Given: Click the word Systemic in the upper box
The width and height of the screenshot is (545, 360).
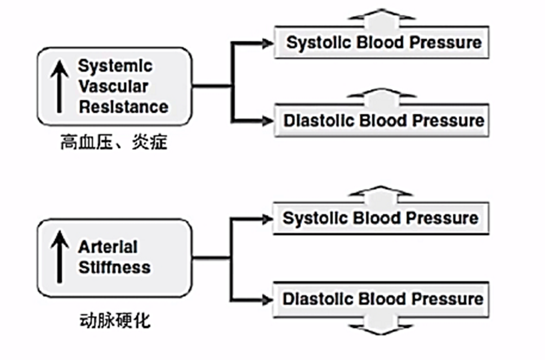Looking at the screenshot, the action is pos(115,66).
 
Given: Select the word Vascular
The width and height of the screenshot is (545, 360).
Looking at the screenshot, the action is pos(113,86).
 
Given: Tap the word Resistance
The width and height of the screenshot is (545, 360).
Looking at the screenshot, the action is pos(123,107).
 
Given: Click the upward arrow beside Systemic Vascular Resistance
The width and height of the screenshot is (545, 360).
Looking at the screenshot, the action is pos(60,87).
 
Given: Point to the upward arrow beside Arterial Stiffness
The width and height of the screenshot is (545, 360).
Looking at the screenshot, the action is pos(60,257).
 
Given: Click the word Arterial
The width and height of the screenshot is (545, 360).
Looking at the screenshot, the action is pos(108,247).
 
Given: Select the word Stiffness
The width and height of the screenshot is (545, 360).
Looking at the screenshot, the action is pos(114,268).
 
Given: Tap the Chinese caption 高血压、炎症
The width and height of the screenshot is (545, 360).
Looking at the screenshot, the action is pos(114,143).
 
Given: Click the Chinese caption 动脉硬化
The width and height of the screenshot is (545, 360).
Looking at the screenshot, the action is pos(115,321).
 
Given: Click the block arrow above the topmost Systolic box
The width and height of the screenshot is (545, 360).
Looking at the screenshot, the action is pos(381,18).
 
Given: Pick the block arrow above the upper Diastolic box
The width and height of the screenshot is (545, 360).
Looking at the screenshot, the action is pos(381,97).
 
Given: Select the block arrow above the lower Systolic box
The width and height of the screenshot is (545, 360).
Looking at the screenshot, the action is pos(381,195).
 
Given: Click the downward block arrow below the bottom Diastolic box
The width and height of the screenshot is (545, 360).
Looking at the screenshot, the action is pos(381,325).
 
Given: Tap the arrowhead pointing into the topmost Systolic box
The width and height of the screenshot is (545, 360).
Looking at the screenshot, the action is pos(268,43).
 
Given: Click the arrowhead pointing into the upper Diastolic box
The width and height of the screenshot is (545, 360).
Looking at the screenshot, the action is pos(268,121).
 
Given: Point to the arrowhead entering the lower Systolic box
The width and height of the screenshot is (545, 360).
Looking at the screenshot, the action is pos(267,219).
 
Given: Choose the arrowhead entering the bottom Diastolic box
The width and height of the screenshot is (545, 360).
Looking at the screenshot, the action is pos(267,300).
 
